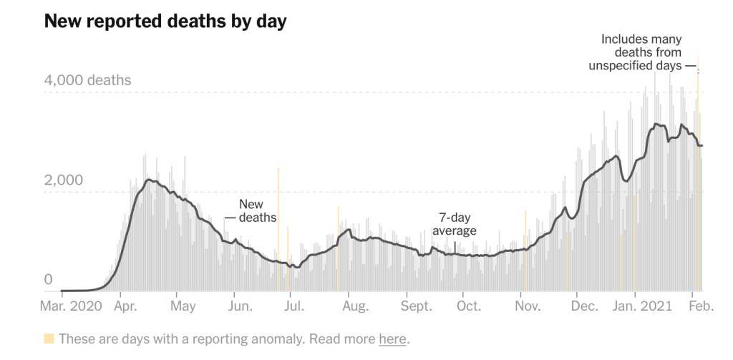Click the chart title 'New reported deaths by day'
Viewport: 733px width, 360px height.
click(165, 21)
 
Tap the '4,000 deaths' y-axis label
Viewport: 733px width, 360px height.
click(87, 80)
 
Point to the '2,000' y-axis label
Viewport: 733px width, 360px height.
click(64, 180)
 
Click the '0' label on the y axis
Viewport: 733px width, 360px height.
click(49, 279)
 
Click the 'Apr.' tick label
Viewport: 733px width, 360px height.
click(126, 306)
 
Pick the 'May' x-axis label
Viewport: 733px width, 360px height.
click(184, 306)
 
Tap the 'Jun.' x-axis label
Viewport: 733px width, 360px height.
click(240, 306)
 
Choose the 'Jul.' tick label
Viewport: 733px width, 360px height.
click(293, 306)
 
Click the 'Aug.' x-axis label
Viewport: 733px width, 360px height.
click(355, 306)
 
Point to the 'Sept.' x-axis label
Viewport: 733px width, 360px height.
click(417, 306)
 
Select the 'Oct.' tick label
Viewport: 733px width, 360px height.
click(468, 306)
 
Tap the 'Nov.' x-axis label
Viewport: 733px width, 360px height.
click(528, 306)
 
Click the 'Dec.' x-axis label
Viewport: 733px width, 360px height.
click(585, 306)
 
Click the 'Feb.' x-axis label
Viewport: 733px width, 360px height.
click(702, 306)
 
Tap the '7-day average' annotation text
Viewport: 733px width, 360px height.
click(455, 224)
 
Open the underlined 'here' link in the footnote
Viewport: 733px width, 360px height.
click(392, 339)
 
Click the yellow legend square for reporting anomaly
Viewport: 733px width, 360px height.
click(49, 339)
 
